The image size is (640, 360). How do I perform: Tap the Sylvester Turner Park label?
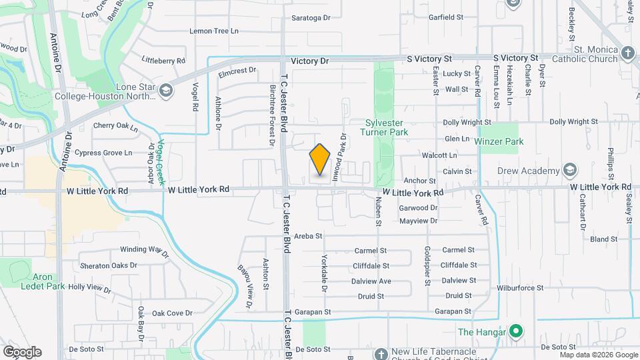[x=391, y=127]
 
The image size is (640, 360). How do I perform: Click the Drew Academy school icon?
[x=569, y=170]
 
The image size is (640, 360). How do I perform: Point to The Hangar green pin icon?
[x=515, y=331]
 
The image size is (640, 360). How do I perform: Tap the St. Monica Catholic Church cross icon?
[x=627, y=53]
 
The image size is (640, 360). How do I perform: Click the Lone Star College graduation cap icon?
[x=167, y=93]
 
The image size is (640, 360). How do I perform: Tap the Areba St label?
[x=308, y=236]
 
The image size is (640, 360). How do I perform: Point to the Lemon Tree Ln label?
[x=213, y=31]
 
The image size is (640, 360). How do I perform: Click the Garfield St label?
[x=446, y=17]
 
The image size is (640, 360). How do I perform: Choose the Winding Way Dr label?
[x=144, y=250]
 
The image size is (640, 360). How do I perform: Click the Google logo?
[x=22, y=352]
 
